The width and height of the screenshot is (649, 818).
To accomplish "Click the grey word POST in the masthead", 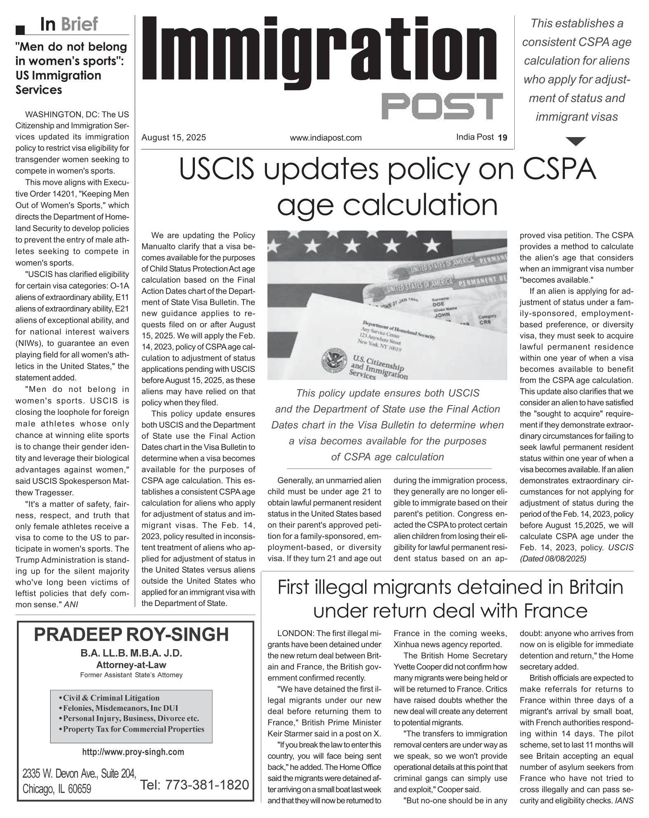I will tap(442, 106).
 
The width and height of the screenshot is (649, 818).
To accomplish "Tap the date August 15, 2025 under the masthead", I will tap(173, 138).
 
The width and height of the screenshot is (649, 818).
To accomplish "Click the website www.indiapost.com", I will tap(326, 138).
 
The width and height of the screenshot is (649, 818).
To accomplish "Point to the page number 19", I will tap(502, 138).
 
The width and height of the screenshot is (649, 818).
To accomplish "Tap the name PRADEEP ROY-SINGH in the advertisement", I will tap(131, 634).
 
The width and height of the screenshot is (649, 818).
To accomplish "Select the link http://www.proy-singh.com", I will tap(133, 752).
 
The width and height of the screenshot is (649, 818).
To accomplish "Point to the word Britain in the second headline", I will tap(596, 587).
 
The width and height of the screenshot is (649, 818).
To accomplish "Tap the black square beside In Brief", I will tap(20, 30).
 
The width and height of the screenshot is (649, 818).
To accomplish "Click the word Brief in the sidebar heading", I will tap(79, 24).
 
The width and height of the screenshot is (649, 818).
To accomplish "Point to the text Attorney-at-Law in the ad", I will tap(131, 665).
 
